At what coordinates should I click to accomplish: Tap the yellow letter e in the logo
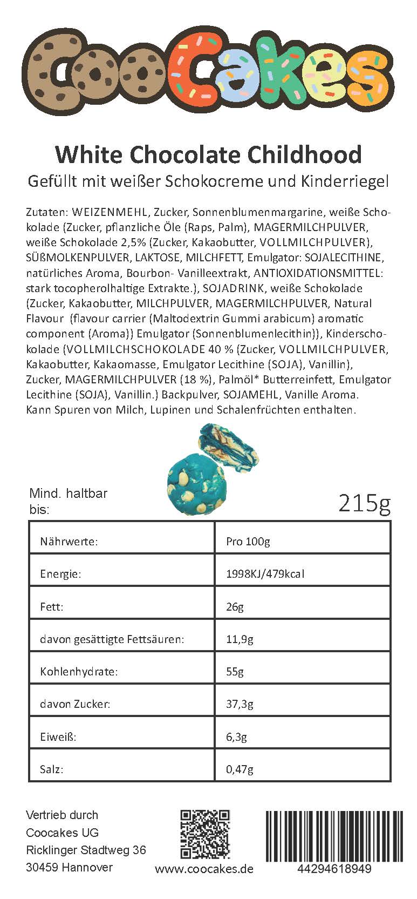pos(318,76)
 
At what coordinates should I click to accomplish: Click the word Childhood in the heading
pos(304,155)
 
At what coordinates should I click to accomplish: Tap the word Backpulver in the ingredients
pos(190,395)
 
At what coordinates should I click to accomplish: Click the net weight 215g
pos(364,503)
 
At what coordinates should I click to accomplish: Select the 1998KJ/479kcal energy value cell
pos(265,574)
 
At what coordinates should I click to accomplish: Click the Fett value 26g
pos(235,607)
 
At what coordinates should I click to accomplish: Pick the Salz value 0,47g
pos(240,769)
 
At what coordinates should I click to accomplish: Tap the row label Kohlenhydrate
pos(79,672)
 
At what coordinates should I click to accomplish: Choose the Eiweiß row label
pos(58,737)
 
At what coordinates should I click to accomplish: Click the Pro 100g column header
pos(248,542)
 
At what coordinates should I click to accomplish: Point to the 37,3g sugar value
pos(240,705)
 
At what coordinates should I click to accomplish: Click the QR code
pos(205,834)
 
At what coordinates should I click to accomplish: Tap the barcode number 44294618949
pos(334,869)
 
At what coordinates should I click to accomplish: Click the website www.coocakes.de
pos(204,869)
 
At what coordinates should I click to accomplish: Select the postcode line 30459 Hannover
pos(70,868)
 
